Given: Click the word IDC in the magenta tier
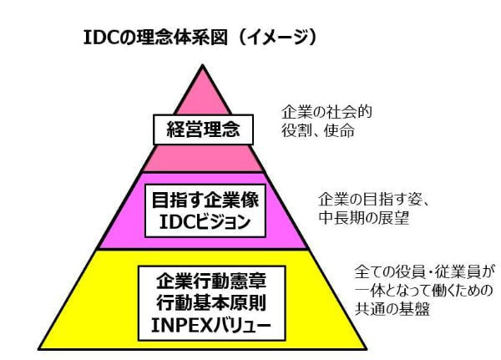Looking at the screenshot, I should tap(164, 223).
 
